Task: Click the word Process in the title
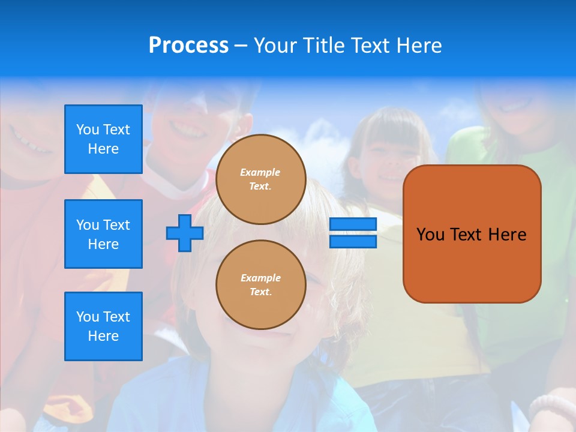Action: pyautogui.click(x=188, y=46)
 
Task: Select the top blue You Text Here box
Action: pyautogui.click(x=103, y=139)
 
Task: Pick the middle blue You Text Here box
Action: pyautogui.click(x=103, y=234)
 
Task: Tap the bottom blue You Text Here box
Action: pyautogui.click(x=103, y=326)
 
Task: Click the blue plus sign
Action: pyautogui.click(x=185, y=233)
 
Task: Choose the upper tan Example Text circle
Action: pyautogui.click(x=260, y=179)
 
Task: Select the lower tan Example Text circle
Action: pyautogui.click(x=260, y=285)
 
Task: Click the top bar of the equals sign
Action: pyautogui.click(x=353, y=224)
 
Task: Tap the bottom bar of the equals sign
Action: pyautogui.click(x=353, y=241)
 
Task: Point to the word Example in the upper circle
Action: pyautogui.click(x=260, y=172)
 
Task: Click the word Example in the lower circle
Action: pyautogui.click(x=260, y=278)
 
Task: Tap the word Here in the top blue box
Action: pyautogui.click(x=103, y=149)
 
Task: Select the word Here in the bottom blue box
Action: pyautogui.click(x=103, y=336)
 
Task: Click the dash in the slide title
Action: pyautogui.click(x=241, y=46)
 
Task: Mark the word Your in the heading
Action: pyautogui.click(x=275, y=46)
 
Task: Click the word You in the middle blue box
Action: pyautogui.click(x=88, y=225)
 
